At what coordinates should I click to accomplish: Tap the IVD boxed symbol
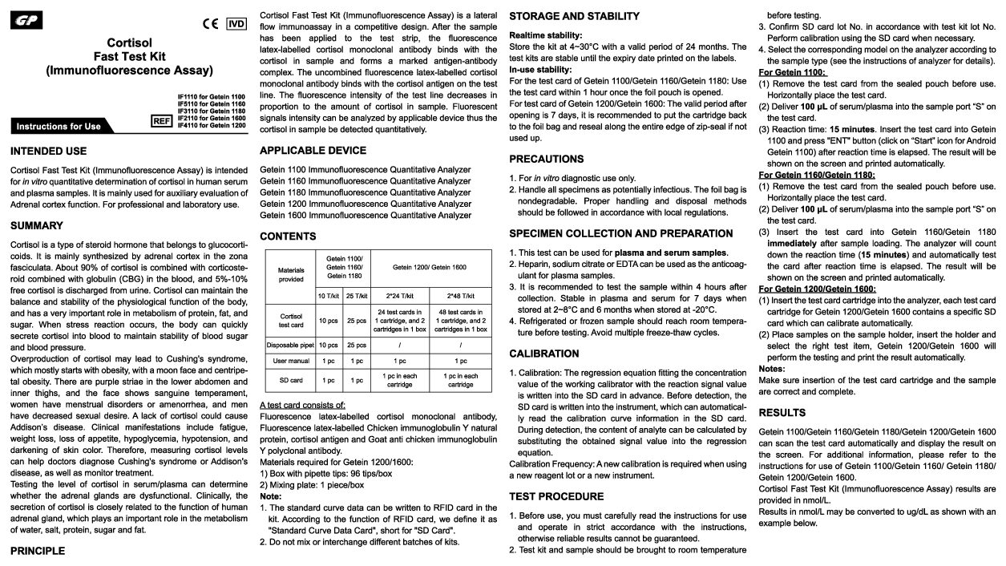coord(236,23)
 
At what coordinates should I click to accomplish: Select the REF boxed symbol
coord(163,120)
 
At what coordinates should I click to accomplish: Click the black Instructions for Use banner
coord(60,126)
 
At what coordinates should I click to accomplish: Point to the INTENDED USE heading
coord(48,151)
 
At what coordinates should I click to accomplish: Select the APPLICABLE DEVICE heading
coord(313,150)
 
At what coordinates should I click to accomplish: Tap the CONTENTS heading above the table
coord(288,237)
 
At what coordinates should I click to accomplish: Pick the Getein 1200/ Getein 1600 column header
coord(430,266)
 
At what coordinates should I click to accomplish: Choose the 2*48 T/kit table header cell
coord(460,295)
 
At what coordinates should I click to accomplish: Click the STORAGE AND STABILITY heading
coord(574,16)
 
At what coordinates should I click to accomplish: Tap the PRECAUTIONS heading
coord(546,159)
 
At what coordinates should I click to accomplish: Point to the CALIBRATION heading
coord(543,354)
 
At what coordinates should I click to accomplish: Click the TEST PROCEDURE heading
coord(556,496)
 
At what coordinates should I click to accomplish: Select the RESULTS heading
coord(782,413)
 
